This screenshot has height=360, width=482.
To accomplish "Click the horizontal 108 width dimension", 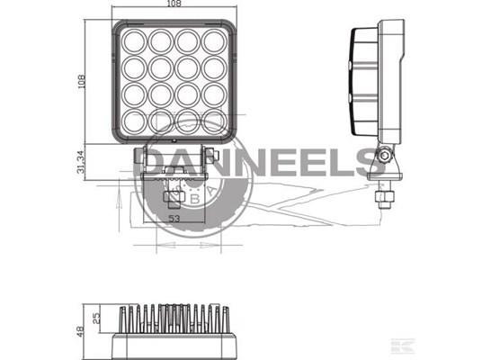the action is pos(174,4).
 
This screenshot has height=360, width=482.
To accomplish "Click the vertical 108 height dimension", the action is pos(82,82).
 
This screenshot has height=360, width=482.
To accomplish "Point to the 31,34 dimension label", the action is pos(81,162).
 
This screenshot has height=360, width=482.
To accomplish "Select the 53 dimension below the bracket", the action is pos(174,219).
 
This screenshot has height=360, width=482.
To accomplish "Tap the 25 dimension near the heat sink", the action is pos(96,319).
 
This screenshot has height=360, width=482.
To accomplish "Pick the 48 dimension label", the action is pos(80,331).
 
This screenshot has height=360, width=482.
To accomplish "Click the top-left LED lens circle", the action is pos(134,41).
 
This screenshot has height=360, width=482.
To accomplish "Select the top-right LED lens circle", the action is pos(214,41).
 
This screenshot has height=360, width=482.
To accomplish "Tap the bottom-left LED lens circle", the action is pos(134,121).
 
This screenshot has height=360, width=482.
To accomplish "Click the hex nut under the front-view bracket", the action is pos(174,196).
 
